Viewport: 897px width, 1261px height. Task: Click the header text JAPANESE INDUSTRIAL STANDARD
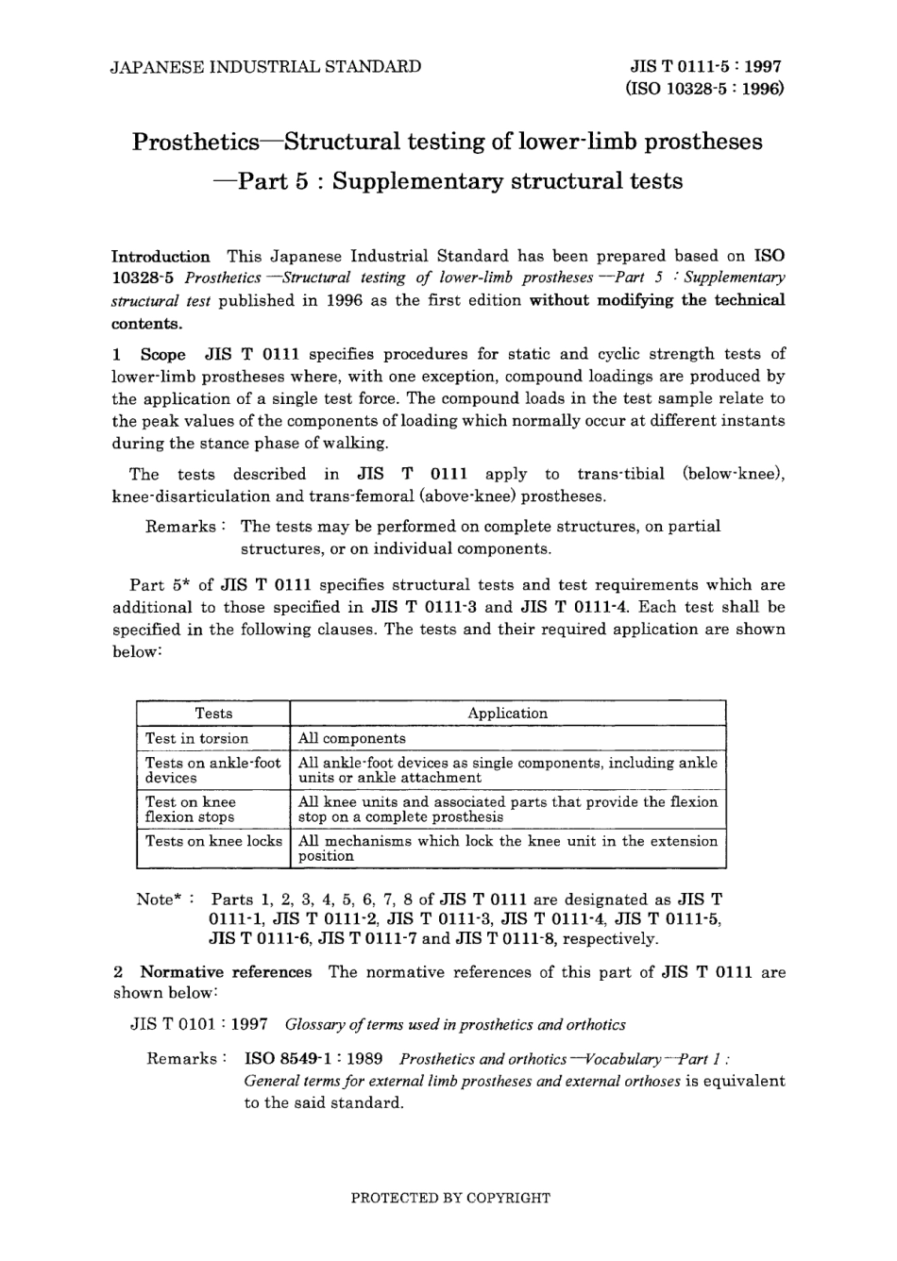tap(266, 67)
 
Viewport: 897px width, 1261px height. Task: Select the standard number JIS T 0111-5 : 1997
tap(705, 67)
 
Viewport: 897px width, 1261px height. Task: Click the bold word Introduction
tap(161, 256)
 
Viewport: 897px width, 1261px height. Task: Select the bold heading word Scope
tap(163, 354)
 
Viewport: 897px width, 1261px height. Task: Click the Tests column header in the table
tap(213, 714)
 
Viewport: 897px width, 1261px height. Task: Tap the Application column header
tap(507, 714)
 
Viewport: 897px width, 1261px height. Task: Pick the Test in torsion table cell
tap(197, 738)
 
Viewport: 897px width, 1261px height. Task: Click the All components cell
tap(351, 738)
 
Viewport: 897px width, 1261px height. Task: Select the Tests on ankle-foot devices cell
tap(213, 770)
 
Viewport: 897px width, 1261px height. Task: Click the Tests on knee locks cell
tap(213, 841)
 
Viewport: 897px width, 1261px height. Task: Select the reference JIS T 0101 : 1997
tap(198, 1024)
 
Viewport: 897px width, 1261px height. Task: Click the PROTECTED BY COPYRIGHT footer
tap(449, 1198)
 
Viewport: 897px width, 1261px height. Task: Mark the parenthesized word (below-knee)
tap(734, 474)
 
